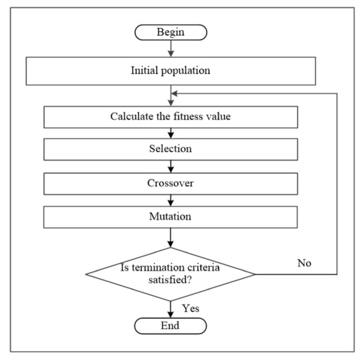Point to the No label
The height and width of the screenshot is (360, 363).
coord(304,262)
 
